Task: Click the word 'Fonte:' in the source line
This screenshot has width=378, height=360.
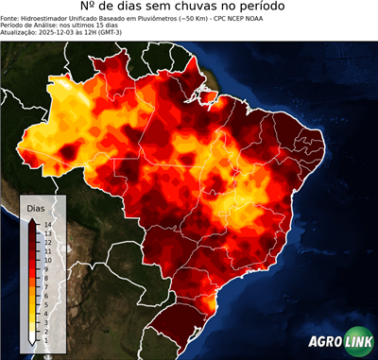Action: (x=11, y=20)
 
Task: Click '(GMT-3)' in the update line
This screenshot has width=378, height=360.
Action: (x=134, y=33)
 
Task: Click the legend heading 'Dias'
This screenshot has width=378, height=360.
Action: (x=35, y=207)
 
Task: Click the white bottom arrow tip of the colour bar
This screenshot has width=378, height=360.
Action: (x=32, y=341)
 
